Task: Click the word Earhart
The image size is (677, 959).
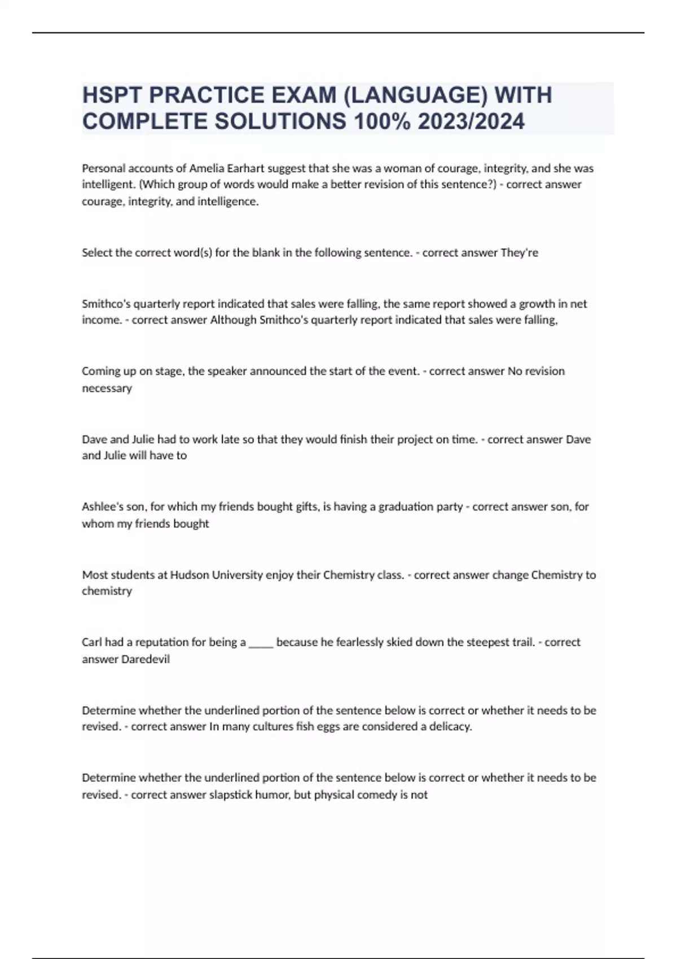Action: [245, 168]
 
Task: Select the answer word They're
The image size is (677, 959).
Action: [519, 253]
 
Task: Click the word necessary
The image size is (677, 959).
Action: [107, 388]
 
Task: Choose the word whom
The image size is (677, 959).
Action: [98, 524]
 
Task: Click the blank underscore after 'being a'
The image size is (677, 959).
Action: [261, 643]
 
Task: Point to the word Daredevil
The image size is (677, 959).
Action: [146, 659]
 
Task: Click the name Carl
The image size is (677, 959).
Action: [91, 643]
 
